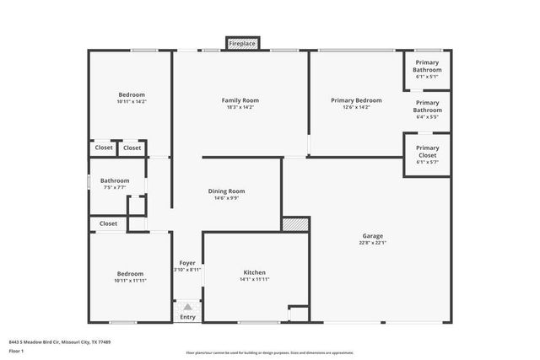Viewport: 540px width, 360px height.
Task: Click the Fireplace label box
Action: [x=242, y=42]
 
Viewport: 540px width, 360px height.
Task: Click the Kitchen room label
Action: [x=255, y=273]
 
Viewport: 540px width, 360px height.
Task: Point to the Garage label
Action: [x=372, y=236]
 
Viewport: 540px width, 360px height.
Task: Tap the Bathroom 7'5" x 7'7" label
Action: [x=115, y=180]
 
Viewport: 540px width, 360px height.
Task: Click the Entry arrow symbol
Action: [x=187, y=307]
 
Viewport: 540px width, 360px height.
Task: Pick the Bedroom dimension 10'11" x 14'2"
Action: [x=132, y=101]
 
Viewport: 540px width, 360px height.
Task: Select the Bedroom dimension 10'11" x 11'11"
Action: [x=130, y=280]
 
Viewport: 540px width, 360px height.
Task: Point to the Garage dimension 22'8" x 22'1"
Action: [x=372, y=243]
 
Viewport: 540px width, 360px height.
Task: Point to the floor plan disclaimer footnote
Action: [x=269, y=352]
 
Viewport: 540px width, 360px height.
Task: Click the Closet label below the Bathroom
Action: [x=108, y=223]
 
